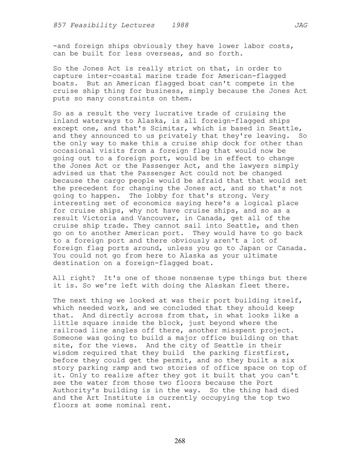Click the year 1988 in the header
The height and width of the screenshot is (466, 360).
tap(180, 25)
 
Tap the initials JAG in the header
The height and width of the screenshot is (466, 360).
tap(301, 25)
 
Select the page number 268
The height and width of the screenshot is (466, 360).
tap(180, 441)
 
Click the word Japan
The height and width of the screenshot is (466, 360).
tap(250, 248)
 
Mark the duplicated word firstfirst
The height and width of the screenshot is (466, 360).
tap(269, 353)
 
